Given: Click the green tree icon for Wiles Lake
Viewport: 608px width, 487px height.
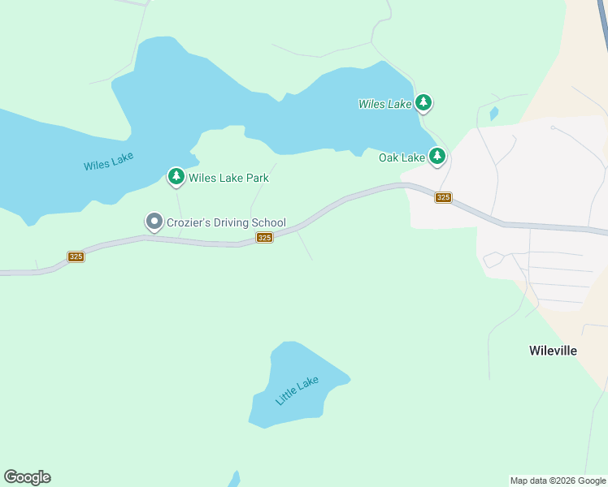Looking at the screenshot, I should click(x=423, y=102).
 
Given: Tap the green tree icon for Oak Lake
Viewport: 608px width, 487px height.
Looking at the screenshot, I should click(x=437, y=156).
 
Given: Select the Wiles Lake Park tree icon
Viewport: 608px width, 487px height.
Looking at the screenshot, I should click(x=176, y=176).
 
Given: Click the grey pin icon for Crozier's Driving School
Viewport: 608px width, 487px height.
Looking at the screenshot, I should click(x=154, y=222).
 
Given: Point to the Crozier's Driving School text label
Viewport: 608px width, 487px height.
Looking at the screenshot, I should click(x=227, y=222).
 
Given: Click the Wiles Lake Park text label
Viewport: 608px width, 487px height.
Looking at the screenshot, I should click(x=228, y=178).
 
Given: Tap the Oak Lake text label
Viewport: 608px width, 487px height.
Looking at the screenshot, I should click(x=402, y=157).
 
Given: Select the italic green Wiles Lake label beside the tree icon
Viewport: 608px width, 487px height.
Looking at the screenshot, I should click(x=385, y=104).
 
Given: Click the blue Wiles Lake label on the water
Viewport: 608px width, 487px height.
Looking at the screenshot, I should click(x=108, y=161).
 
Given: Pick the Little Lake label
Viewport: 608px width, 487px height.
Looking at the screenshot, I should click(x=297, y=390).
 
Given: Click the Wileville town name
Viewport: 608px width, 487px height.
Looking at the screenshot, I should click(x=553, y=351).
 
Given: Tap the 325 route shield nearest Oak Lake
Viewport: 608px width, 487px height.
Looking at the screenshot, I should click(x=443, y=197).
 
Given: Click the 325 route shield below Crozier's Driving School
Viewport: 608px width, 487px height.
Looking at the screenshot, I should click(x=264, y=237).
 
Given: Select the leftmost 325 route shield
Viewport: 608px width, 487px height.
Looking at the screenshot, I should click(x=76, y=256).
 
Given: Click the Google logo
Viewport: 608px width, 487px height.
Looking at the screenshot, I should click(x=27, y=477).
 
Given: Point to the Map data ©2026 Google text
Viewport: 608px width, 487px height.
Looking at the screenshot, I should click(x=557, y=481).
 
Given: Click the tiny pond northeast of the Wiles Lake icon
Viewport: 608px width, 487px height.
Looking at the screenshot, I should click(x=493, y=113).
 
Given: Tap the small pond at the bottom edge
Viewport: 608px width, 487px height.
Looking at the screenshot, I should click(x=235, y=479).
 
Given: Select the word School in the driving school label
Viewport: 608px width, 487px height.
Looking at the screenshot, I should click(x=269, y=222).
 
